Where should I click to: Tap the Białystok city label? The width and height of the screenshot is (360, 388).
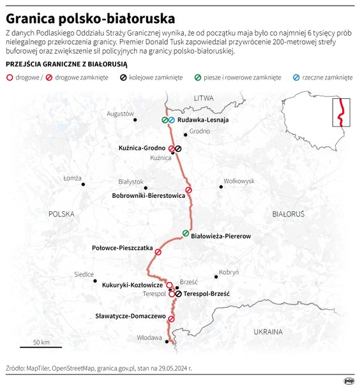(130, 182)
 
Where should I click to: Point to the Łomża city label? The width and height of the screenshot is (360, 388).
(72, 178)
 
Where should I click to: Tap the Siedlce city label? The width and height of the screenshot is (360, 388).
(84, 274)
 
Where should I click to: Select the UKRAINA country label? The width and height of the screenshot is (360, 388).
(267, 332)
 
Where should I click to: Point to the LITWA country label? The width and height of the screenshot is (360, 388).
(203, 97)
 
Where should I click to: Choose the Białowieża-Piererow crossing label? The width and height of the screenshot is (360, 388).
(221, 236)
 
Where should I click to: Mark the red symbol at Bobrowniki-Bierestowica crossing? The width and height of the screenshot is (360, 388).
(188, 190)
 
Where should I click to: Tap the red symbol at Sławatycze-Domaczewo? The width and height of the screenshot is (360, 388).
(171, 319)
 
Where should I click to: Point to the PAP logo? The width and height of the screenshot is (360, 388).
(349, 381)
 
